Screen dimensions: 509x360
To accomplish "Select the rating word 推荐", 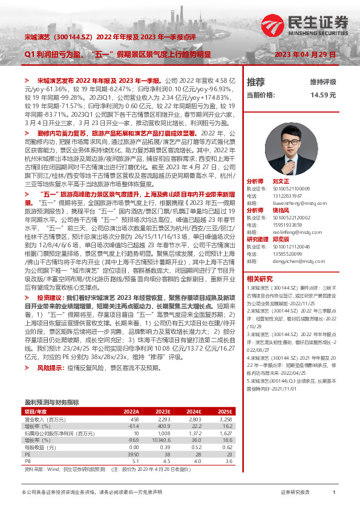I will pyautogui.click(x=256, y=82).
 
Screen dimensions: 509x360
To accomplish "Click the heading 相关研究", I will pyautogui.click(x=260, y=279).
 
